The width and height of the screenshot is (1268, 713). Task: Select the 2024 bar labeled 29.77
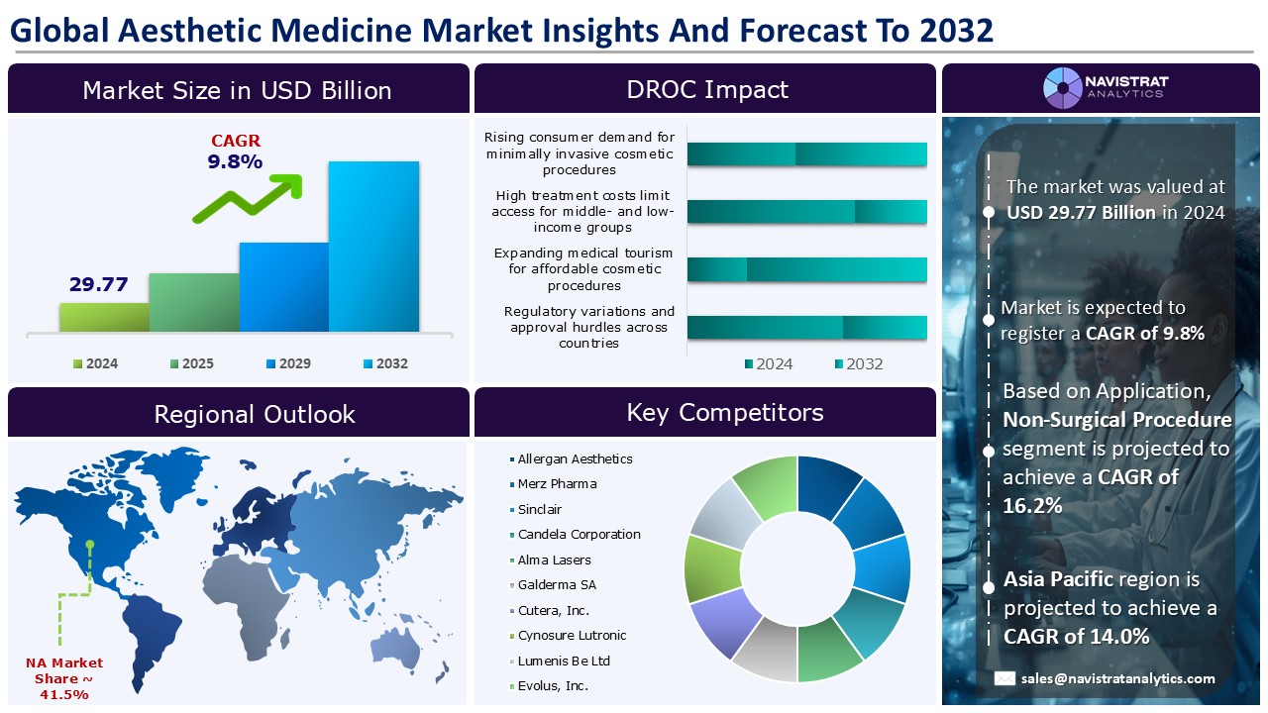point(104,317)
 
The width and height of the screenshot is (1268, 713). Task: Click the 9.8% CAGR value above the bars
point(235,161)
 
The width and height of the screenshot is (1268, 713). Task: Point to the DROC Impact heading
point(706,89)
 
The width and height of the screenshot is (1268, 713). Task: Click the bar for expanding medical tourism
point(806,269)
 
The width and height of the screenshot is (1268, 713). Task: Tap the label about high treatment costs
point(582,212)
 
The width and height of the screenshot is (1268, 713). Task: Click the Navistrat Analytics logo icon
point(1062,88)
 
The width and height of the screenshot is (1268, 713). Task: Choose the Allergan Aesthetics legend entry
point(575,458)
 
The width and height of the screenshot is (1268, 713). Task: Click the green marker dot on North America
point(90,544)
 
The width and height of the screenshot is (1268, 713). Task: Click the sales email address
point(1118,678)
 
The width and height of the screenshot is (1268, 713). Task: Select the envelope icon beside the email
point(1005,678)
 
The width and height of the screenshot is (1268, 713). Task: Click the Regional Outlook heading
point(254,413)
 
